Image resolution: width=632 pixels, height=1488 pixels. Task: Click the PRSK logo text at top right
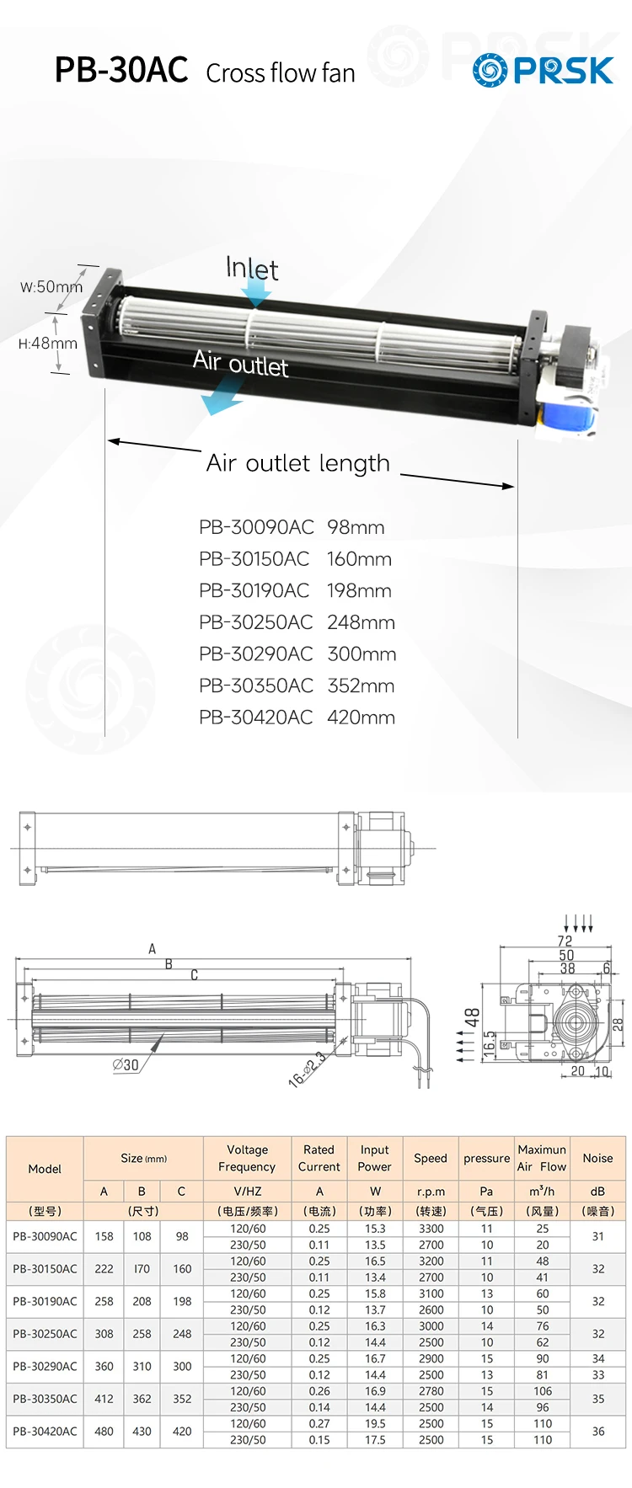[563, 71]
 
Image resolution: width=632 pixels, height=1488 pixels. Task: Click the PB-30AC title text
[121, 71]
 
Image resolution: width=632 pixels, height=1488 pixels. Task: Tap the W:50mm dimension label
[51, 287]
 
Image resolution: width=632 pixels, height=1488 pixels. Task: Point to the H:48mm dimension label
[47, 344]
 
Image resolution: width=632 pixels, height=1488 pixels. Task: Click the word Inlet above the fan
[251, 269]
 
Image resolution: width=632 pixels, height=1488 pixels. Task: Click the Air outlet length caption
[297, 463]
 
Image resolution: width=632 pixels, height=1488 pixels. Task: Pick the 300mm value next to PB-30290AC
[362, 654]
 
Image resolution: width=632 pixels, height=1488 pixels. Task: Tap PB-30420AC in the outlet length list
[255, 717]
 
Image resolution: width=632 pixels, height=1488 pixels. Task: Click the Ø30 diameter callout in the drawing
[126, 1065]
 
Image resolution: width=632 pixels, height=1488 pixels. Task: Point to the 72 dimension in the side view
[565, 941]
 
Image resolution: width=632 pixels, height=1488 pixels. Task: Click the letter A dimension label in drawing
[153, 949]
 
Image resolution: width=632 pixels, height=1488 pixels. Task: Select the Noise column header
[597, 1158]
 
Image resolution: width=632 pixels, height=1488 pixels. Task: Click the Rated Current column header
[319, 1158]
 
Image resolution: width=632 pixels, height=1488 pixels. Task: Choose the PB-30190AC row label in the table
[45, 1301]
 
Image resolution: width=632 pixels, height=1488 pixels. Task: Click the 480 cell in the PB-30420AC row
[104, 1431]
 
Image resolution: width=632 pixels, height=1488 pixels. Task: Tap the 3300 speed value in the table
[431, 1229]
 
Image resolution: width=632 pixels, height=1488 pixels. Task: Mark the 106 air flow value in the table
[542, 1391]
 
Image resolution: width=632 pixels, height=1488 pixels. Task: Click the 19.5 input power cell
[375, 1423]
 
